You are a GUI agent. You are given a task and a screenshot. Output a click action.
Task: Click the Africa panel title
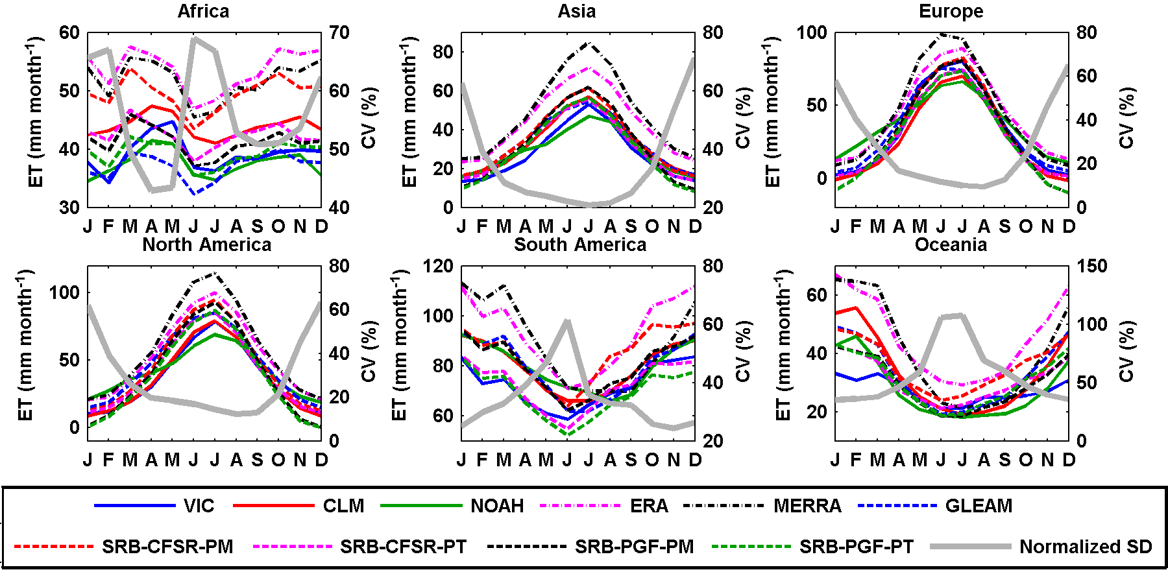203,12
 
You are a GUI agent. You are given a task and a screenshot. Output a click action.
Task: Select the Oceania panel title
951,245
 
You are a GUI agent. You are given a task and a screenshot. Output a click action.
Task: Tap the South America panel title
580,245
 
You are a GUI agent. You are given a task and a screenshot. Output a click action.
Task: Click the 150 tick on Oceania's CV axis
1092,266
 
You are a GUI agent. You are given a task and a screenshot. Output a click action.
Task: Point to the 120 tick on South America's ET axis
439,266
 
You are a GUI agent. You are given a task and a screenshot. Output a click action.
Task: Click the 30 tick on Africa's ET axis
69,208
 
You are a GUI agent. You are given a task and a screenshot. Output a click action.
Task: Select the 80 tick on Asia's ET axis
443,52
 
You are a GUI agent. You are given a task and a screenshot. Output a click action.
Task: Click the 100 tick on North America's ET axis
65,292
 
